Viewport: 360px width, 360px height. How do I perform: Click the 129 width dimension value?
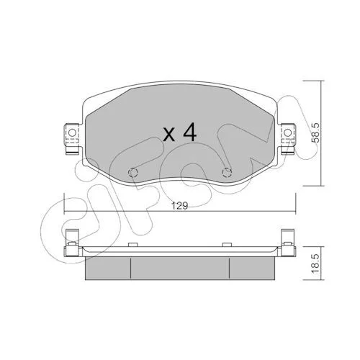180,206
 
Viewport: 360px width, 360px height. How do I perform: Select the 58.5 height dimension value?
315,132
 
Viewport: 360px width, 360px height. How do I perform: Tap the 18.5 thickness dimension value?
315,264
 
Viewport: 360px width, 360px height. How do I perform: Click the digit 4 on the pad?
190,132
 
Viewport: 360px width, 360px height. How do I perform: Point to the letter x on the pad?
168,135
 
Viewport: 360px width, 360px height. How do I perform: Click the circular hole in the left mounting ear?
72,132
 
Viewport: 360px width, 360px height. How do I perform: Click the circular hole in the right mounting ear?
288,132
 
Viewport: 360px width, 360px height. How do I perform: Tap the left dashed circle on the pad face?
133,172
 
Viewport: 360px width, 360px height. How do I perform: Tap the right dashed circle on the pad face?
227,172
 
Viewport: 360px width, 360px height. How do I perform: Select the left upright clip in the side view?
72,236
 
